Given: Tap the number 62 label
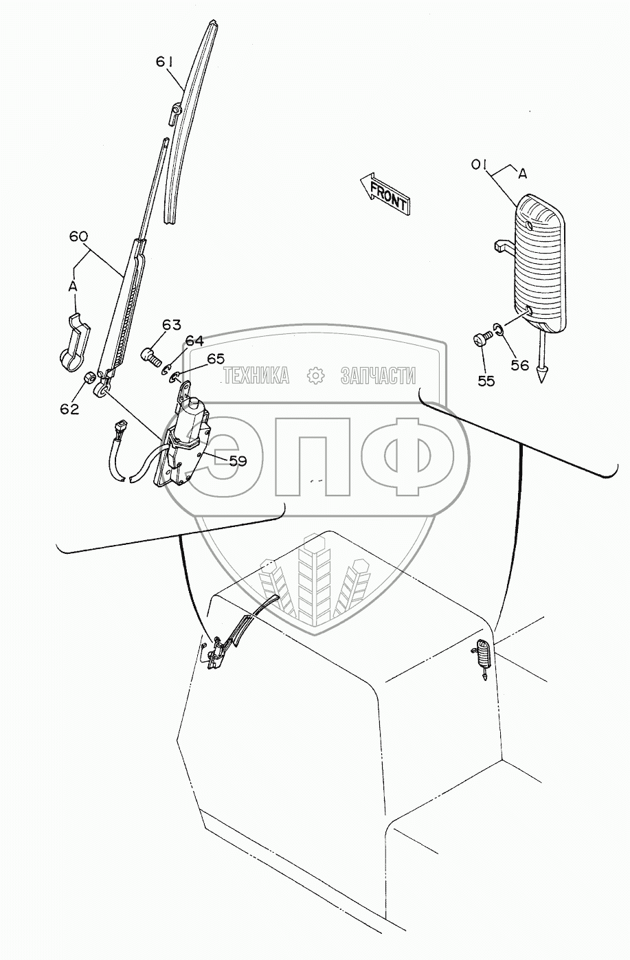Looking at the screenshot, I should click(69, 409).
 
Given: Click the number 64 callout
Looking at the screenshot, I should click(195, 341).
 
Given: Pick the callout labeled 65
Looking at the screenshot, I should click(216, 358).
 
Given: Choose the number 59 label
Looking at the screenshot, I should click(238, 462).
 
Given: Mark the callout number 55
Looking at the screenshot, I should click(486, 381).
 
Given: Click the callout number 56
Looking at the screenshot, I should click(520, 365).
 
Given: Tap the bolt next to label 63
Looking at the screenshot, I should click(150, 356).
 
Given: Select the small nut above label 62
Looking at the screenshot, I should click(89, 379).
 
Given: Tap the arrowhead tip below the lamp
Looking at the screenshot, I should click(543, 377).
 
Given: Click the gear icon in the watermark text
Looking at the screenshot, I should click(315, 375).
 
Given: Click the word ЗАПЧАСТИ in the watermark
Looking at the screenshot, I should click(379, 375).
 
